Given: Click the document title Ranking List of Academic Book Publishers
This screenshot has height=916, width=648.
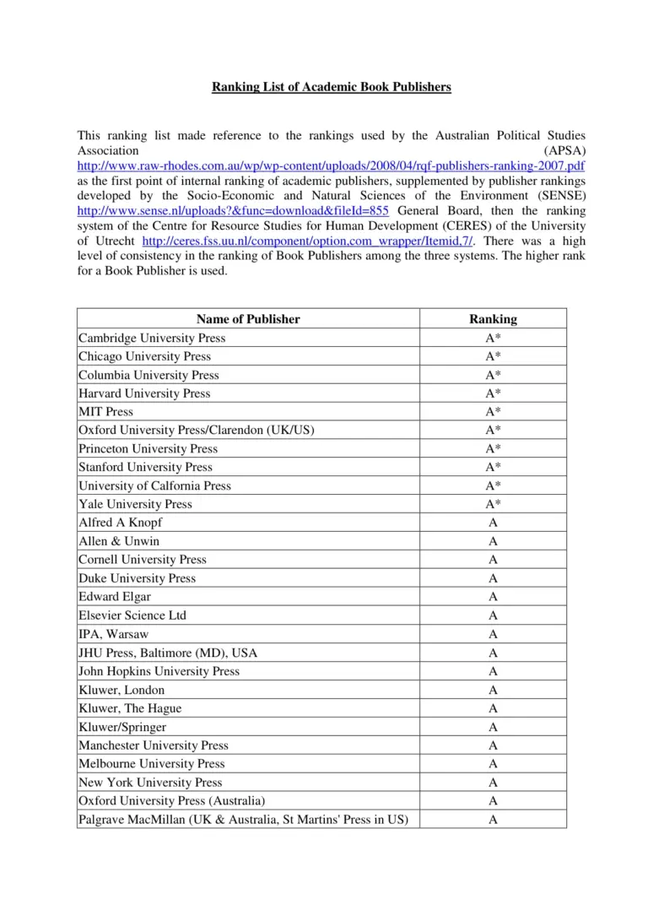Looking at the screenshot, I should click(331, 87).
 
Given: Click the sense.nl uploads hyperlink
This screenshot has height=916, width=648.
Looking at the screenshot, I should click(233, 211).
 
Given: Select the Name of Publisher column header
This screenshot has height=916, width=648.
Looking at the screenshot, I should click(248, 319).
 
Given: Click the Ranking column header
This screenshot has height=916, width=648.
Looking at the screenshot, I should click(493, 319).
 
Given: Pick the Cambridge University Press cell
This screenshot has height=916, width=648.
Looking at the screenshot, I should click(152, 338).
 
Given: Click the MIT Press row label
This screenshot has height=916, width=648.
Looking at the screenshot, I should click(106, 412).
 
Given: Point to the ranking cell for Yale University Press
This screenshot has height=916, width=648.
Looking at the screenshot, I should click(493, 504).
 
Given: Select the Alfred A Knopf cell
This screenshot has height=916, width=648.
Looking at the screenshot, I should click(121, 523).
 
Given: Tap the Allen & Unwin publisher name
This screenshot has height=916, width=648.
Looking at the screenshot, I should click(119, 541).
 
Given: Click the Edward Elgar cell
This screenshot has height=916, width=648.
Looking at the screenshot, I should click(115, 597).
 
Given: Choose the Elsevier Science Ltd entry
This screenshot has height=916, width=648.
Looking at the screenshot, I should click(132, 615).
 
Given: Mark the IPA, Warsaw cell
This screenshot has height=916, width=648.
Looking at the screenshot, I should click(114, 634).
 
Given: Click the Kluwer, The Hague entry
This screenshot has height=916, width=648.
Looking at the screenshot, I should click(130, 708).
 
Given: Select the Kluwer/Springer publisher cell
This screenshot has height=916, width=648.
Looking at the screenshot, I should click(122, 727).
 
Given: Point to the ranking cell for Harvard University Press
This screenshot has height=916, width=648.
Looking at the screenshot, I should click(493, 393).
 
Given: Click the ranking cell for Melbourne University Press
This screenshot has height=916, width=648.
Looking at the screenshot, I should click(493, 764).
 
